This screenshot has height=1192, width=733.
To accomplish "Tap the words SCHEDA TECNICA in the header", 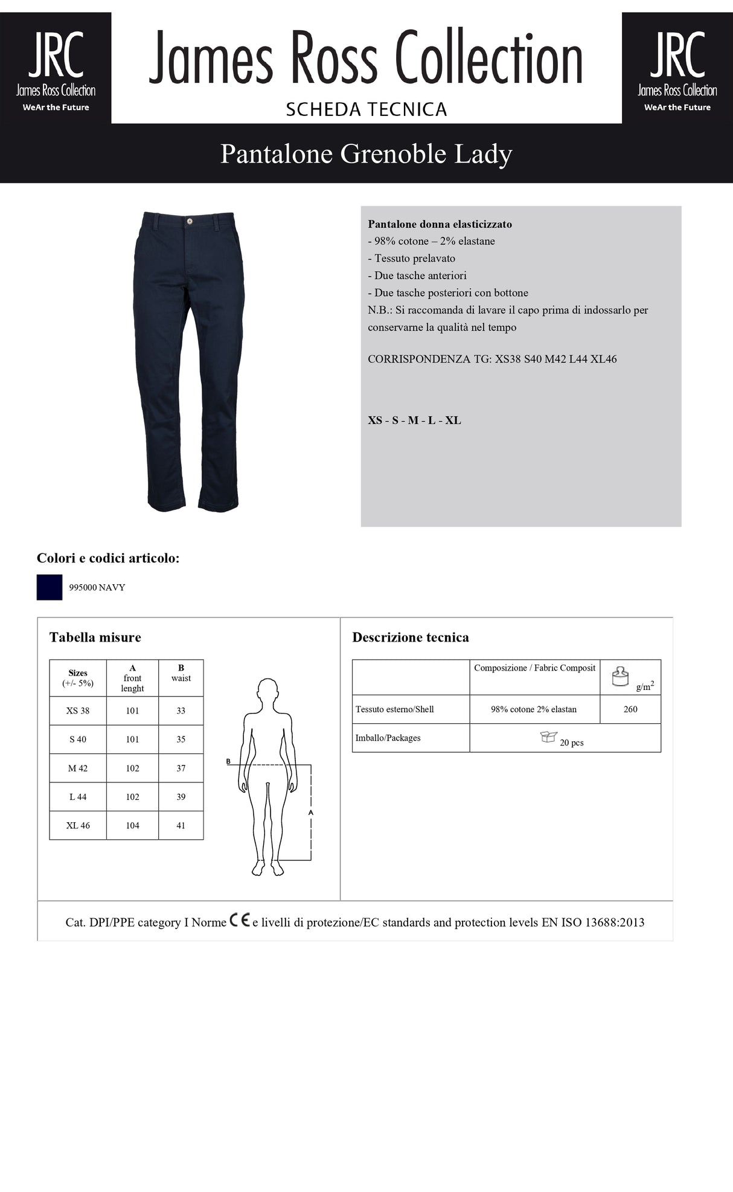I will pyautogui.click(x=366, y=109).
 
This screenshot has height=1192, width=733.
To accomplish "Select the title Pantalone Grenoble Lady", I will pyautogui.click(x=366, y=154).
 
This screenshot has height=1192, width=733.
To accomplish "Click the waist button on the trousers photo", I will pyautogui.click(x=190, y=221).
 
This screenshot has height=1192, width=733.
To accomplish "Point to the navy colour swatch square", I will pyautogui.click(x=50, y=587).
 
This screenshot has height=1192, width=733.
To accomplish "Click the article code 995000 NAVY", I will pyautogui.click(x=97, y=587).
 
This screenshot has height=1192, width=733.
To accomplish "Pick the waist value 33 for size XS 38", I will pyautogui.click(x=181, y=710).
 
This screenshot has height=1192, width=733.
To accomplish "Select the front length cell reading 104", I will pyautogui.click(x=132, y=825).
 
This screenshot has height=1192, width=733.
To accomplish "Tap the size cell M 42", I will pyautogui.click(x=78, y=768).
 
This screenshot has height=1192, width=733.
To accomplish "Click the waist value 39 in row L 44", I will pyautogui.click(x=181, y=797).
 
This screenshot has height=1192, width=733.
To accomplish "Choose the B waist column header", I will pyautogui.click(x=181, y=673).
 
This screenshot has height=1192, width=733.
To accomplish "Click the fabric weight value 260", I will pyautogui.click(x=630, y=709).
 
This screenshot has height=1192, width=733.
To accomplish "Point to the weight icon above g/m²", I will pyautogui.click(x=620, y=676).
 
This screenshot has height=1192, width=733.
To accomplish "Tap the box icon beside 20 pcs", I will pyautogui.click(x=548, y=737).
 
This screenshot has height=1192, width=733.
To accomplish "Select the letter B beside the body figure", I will pyautogui.click(x=228, y=761).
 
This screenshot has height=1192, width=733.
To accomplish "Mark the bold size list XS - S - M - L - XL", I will pyautogui.click(x=414, y=420).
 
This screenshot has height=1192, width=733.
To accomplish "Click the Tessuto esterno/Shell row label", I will pyautogui.click(x=394, y=709).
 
